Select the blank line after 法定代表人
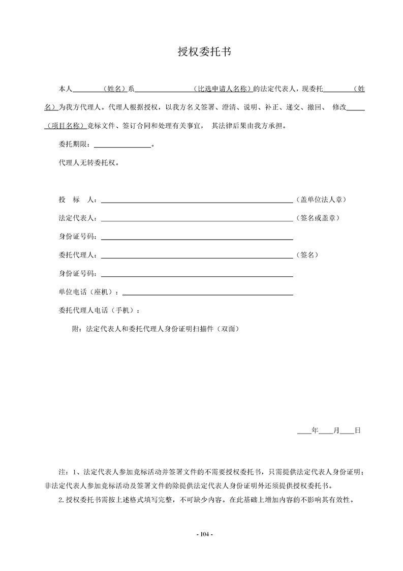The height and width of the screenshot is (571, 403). click(x=197, y=220)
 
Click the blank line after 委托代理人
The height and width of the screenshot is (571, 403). click(x=197, y=258)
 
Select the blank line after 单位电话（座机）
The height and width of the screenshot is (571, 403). click(x=207, y=294)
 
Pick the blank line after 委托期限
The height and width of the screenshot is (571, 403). click(x=122, y=147)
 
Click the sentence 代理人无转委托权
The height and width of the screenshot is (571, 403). click(x=89, y=163)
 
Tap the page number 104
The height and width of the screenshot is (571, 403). click(x=204, y=534)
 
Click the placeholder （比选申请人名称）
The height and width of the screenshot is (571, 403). click(x=223, y=89)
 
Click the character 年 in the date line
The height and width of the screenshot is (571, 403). click(x=315, y=431)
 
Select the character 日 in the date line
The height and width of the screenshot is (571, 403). click(x=357, y=431)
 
